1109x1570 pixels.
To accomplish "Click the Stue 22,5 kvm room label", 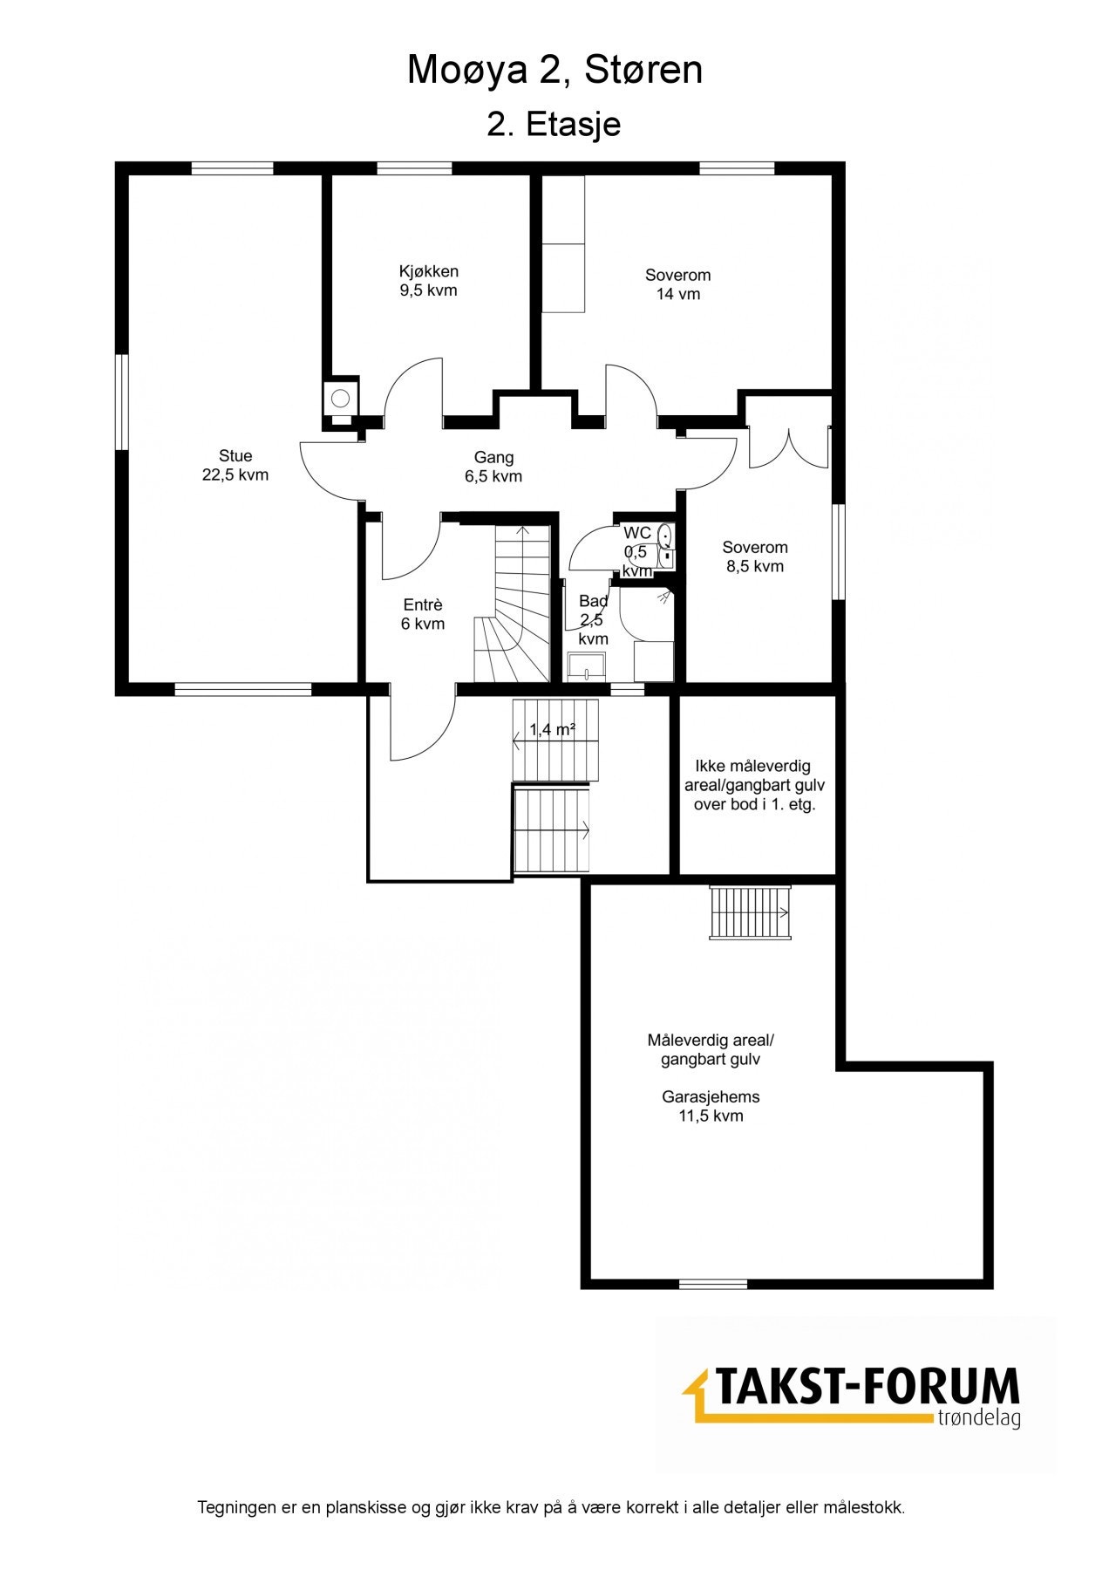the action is pos(235,465).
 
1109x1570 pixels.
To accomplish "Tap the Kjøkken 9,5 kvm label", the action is pos(428,281).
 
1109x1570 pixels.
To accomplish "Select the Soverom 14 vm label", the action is pos(677,284).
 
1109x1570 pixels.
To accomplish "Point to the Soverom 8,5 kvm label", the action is pos(754,556).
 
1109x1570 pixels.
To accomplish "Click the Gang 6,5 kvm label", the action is pos(493,467).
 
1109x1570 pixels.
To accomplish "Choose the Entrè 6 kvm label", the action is pos(423,614).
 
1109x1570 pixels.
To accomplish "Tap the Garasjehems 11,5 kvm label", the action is pos(711,1106).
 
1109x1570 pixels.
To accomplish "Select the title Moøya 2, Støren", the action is pos(554,70).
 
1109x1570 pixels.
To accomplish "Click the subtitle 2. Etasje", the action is pos(554,124).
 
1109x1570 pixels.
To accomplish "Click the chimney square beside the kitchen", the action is pos(340,399).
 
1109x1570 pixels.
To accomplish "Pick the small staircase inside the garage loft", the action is pos(750,912).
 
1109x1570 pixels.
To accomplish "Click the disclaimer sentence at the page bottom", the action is pos(551,1507).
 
